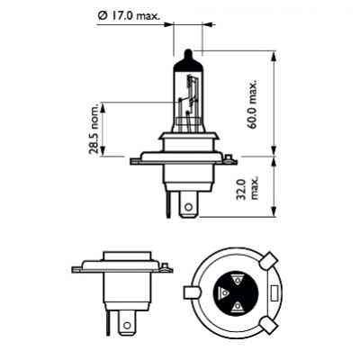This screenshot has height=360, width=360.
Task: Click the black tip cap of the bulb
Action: (x=186, y=60)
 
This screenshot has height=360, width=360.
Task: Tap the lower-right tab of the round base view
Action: (x=270, y=324)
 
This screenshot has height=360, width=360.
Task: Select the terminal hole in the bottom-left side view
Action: (x=124, y=320)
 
